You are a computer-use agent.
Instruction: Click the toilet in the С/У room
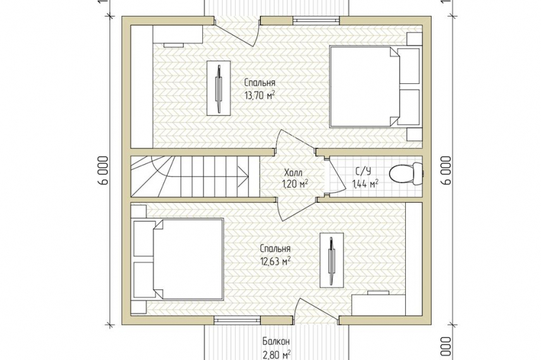(405, 174)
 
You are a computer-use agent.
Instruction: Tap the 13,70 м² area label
(260, 95)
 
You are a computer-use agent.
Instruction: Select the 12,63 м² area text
(275, 261)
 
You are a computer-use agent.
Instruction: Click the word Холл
(293, 172)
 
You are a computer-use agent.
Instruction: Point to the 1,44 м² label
(365, 184)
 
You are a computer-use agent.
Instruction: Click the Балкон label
(276, 342)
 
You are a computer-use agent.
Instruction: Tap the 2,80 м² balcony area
(276, 354)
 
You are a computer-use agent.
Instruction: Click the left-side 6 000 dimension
(104, 171)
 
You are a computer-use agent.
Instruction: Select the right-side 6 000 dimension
(446, 171)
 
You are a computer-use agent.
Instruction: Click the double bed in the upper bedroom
(375, 87)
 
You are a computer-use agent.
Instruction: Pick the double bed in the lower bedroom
(178, 259)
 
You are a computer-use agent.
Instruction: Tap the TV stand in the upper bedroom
(219, 88)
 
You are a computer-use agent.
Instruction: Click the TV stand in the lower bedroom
(332, 260)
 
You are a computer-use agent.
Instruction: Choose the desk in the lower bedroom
(378, 305)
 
